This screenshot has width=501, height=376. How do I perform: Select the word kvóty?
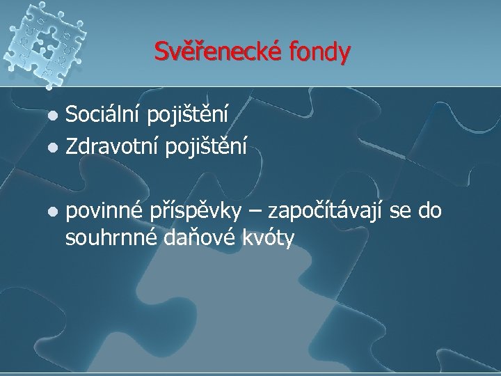pos(267,240)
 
